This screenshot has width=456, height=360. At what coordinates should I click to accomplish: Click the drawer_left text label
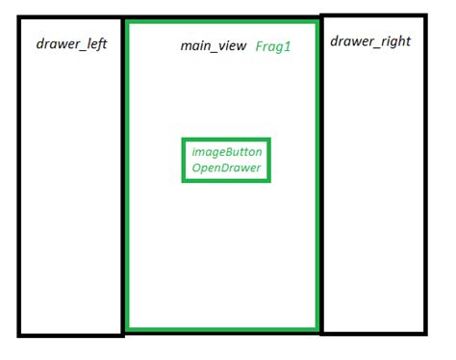71,45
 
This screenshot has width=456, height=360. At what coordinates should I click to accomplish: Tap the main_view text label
214,47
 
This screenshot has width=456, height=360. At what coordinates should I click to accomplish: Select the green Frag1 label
273,47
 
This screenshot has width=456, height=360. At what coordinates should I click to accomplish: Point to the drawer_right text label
370,42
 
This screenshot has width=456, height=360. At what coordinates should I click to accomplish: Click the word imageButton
226,152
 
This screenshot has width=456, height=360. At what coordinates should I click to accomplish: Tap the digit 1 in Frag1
288,47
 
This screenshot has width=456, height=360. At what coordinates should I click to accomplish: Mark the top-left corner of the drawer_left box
19,19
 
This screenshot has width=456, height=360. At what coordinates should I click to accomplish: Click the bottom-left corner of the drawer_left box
19,334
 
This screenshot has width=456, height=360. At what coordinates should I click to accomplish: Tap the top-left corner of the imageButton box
184,141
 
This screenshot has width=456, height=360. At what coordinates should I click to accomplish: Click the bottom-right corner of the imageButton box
268,180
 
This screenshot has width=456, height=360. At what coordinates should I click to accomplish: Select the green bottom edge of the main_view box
221,330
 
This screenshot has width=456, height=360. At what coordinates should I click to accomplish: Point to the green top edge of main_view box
221,20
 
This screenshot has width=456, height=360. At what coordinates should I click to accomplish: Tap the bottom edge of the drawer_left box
71,334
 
